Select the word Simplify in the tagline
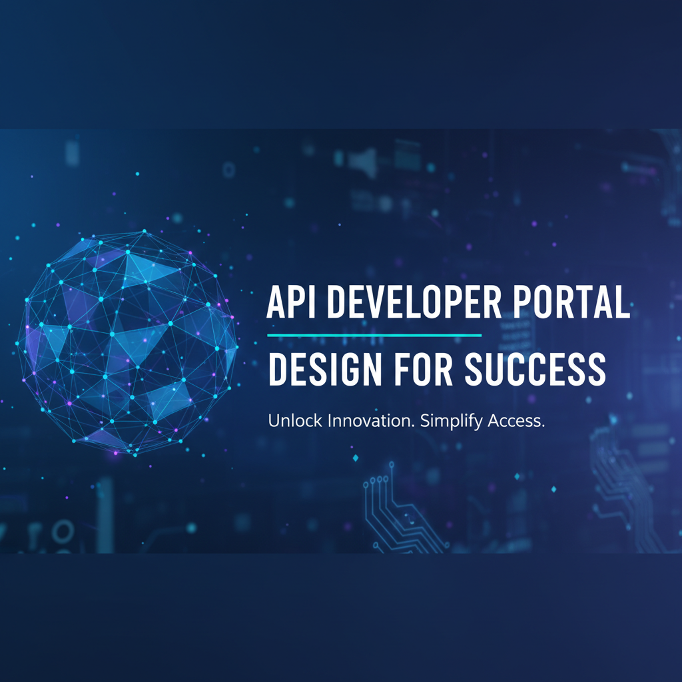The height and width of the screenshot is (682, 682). point(450,422)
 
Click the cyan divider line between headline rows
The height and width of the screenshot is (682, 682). point(374,335)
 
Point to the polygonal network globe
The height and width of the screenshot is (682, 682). point(127,342)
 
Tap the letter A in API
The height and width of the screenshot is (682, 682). point(276,304)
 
